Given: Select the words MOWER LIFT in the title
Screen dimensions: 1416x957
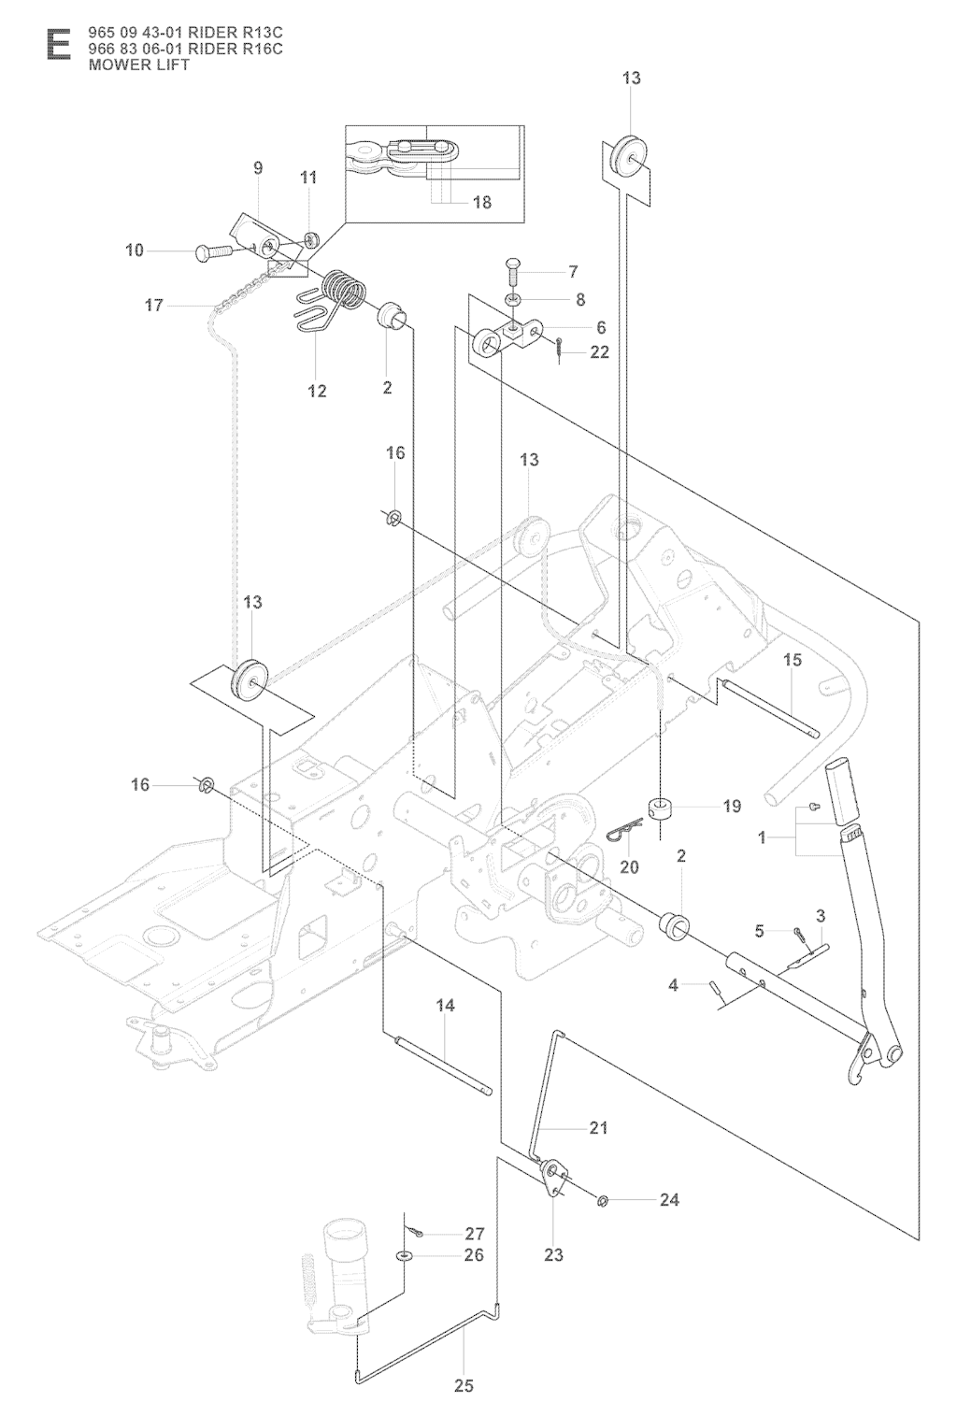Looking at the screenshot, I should (138, 64).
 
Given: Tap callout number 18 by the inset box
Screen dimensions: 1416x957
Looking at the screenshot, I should (482, 202).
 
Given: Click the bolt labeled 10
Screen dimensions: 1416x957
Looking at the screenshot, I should (218, 250).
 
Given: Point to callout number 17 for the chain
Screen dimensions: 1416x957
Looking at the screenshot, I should (154, 305).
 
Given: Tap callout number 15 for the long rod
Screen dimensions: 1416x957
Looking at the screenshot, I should (792, 660).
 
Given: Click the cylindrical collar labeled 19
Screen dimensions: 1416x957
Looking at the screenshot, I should (662, 806).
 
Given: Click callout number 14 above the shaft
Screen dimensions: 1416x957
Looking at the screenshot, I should (445, 1006).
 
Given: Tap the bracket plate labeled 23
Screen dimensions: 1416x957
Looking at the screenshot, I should (555, 1176).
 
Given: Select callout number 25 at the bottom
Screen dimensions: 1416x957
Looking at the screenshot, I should (464, 1386).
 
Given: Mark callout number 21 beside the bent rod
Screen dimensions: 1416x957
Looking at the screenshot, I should (598, 1128).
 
